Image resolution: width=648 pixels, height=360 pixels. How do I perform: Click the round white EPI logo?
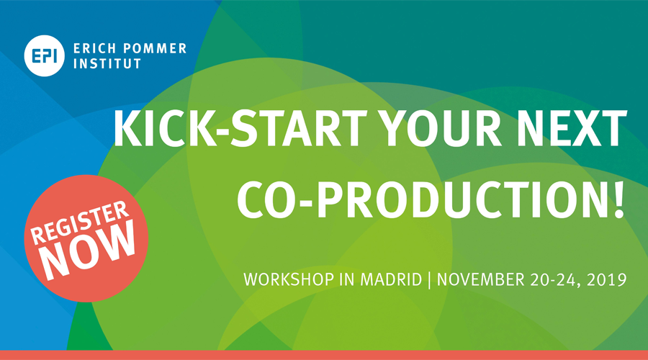[44, 55]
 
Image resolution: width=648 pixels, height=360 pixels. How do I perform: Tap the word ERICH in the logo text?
[94, 48]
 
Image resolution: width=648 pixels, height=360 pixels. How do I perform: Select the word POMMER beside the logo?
[156, 48]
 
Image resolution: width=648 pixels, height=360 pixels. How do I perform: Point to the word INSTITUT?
[107, 63]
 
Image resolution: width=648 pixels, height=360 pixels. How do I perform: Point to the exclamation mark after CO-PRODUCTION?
[618, 199]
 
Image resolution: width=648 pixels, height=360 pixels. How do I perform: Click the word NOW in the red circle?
[89, 250]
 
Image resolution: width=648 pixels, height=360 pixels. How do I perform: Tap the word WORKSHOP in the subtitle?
[289, 280]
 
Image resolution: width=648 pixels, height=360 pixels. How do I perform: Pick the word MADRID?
[391, 280]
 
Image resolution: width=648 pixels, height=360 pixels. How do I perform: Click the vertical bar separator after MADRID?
[429, 280]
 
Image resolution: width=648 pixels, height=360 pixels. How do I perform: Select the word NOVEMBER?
[481, 280]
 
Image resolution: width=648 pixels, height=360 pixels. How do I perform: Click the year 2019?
[607, 280]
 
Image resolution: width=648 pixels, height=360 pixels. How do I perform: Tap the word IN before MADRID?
[347, 280]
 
